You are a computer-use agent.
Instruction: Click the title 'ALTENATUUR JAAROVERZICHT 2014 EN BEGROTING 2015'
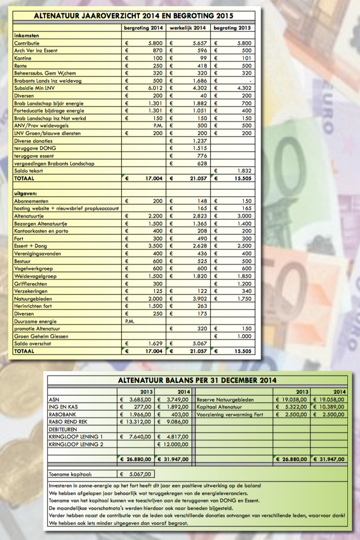[x=134, y=16]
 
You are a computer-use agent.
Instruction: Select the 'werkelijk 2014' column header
[x=188, y=28]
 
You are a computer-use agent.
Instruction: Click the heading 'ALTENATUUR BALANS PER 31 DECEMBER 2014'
[x=197, y=381]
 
